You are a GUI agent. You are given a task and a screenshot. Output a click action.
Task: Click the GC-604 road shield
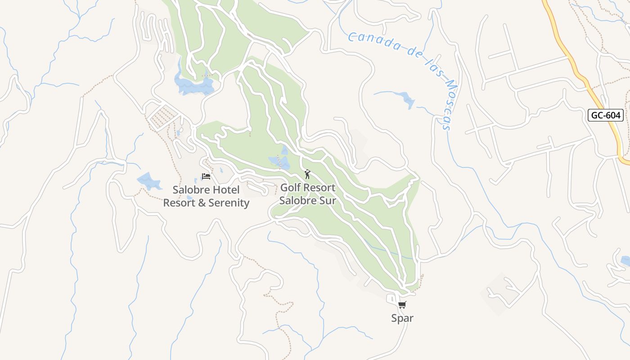tap(605, 115)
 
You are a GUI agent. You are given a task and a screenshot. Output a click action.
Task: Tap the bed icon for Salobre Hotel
tap(206, 176)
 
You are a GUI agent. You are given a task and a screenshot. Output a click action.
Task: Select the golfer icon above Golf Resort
tap(308, 174)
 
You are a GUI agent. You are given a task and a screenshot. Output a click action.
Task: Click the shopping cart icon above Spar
tap(402, 305)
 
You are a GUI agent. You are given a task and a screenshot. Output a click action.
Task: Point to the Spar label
tap(402, 318)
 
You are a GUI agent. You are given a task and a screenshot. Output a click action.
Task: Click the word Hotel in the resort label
tap(224, 190)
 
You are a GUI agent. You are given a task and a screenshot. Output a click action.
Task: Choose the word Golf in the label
tap(291, 187)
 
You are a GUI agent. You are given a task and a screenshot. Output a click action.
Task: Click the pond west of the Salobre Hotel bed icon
tap(149, 181)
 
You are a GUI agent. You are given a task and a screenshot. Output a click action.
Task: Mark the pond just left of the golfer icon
tap(279, 161)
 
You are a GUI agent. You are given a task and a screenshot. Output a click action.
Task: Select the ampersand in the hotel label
tap(200, 203)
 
